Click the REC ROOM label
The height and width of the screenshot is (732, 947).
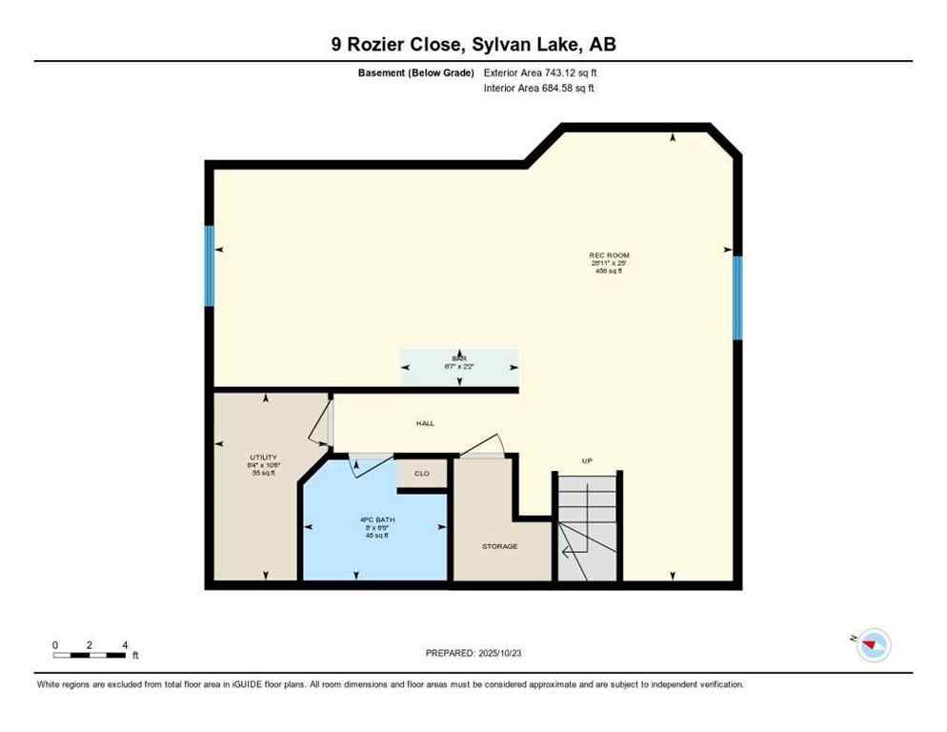(609, 255)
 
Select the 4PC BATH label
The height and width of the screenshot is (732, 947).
(372, 519)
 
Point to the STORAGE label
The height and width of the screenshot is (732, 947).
(499, 546)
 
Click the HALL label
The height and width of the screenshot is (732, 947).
(425, 423)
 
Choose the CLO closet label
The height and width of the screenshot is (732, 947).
(421, 474)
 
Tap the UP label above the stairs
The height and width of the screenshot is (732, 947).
(587, 460)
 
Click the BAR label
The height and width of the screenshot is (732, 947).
(459, 358)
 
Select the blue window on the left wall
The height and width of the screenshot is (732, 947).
(210, 266)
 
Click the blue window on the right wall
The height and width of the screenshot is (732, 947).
(736, 297)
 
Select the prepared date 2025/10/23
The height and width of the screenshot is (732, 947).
(473, 653)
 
